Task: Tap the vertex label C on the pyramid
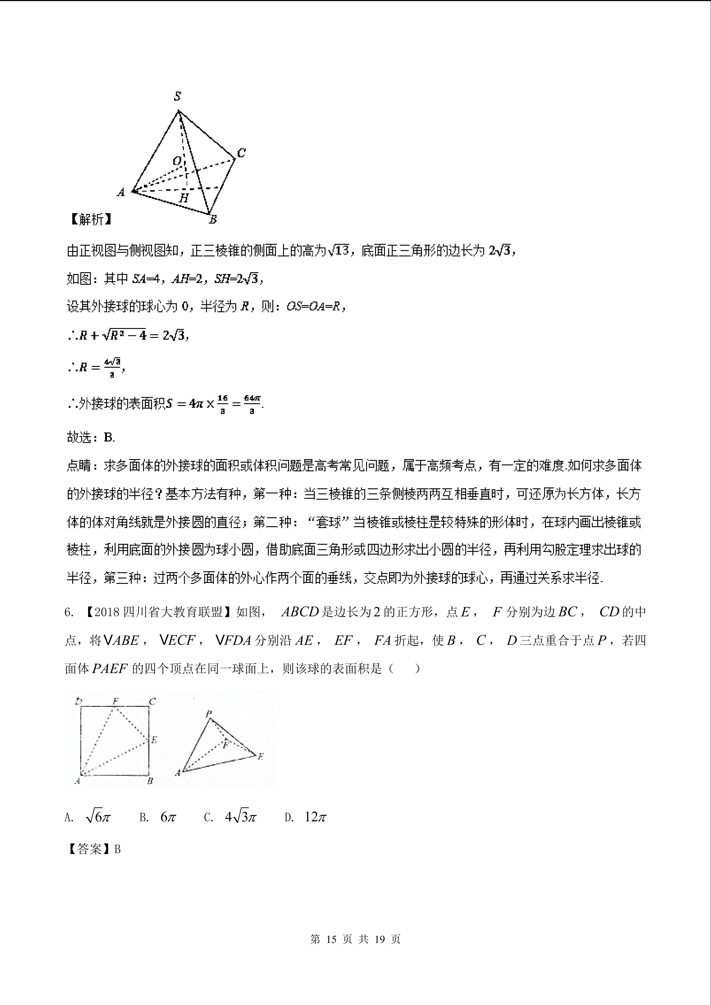pos(241,153)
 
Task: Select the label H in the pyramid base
pos(184,198)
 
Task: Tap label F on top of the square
pos(116,701)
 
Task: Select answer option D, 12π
pos(305,817)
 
